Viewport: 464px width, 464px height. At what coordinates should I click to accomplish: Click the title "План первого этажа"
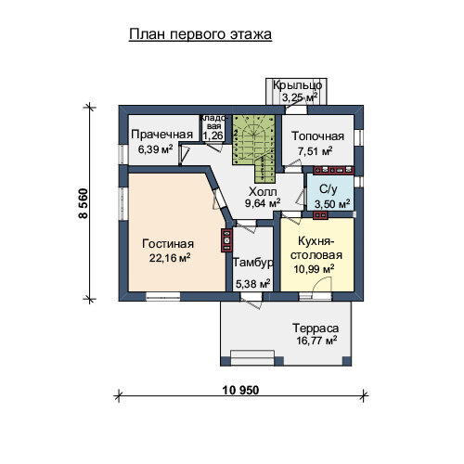tap(200, 34)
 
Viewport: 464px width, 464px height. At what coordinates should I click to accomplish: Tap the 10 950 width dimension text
tap(240, 390)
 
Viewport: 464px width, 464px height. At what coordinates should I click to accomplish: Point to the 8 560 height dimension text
tap(84, 203)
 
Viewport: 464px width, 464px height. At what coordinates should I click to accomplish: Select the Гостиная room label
tap(168, 244)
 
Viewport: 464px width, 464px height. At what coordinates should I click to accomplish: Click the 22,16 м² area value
tap(170, 258)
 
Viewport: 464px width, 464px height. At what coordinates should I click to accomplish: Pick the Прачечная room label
tap(161, 135)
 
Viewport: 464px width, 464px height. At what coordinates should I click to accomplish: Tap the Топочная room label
tap(317, 136)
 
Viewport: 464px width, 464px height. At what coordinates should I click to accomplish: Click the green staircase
tap(254, 145)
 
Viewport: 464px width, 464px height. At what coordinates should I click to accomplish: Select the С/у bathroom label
tap(329, 189)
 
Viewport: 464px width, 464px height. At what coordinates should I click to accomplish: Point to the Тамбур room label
tap(252, 263)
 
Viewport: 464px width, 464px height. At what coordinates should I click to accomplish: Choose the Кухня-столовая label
tap(316, 248)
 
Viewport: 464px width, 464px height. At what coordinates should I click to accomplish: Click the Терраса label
tap(316, 329)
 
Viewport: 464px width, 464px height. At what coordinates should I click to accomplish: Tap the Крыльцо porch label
tap(297, 84)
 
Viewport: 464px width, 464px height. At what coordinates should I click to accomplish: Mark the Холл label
tap(263, 192)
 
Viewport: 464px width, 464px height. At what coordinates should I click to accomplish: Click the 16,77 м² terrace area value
tap(316, 341)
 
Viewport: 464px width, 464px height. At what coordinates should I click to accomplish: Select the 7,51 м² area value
tap(315, 151)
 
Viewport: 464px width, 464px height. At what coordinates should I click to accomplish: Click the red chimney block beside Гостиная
tap(226, 240)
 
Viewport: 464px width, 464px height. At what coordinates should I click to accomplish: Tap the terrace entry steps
tap(252, 358)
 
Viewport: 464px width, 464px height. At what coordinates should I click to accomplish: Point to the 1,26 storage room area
tap(213, 135)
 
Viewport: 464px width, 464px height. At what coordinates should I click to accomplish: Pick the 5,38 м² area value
tap(252, 283)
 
